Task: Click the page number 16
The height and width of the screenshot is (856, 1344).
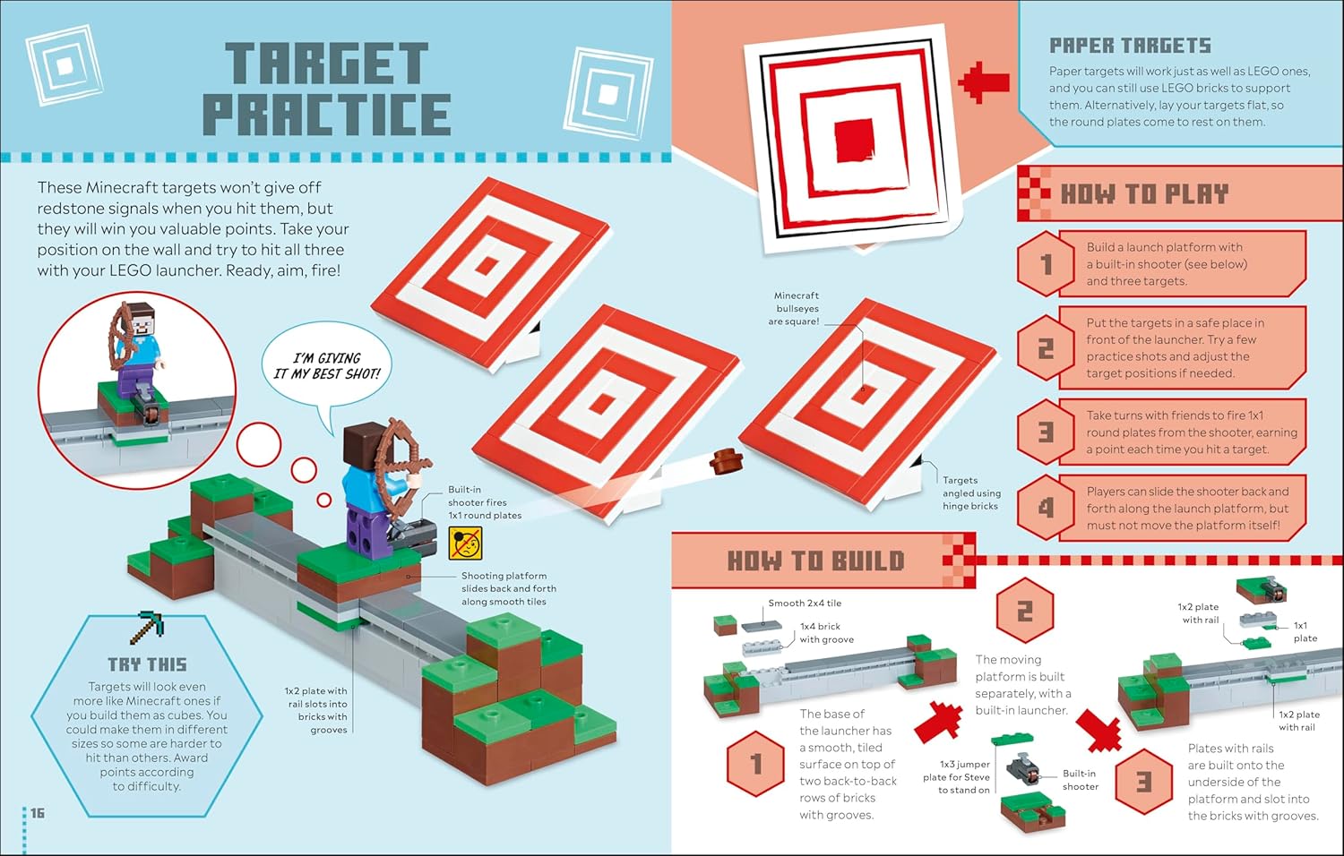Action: click(38, 813)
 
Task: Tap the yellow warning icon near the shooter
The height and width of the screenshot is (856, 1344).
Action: click(466, 544)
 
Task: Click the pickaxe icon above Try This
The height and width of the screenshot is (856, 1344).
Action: click(147, 628)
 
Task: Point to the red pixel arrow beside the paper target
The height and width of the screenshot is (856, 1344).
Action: click(984, 82)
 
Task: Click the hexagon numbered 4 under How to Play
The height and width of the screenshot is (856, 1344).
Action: click(1047, 508)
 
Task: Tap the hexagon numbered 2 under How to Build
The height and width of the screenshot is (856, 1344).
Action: click(1025, 611)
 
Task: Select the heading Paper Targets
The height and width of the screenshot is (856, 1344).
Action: click(1130, 46)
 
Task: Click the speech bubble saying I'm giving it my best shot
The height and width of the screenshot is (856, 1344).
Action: click(327, 365)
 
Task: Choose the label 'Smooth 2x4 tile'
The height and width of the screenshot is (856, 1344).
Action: click(806, 603)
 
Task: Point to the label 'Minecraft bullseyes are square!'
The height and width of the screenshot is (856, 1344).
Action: click(797, 309)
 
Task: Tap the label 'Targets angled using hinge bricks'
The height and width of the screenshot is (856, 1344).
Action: click(971, 492)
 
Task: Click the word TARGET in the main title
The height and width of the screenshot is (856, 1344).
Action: click(327, 64)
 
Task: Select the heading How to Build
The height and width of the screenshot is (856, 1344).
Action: click(816, 561)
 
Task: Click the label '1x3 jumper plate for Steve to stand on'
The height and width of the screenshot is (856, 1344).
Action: click(956, 777)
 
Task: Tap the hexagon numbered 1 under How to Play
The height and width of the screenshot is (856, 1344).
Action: click(1047, 264)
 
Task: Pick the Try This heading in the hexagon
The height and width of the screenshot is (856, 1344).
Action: click(148, 664)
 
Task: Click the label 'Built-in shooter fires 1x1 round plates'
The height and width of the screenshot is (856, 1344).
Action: click(485, 502)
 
